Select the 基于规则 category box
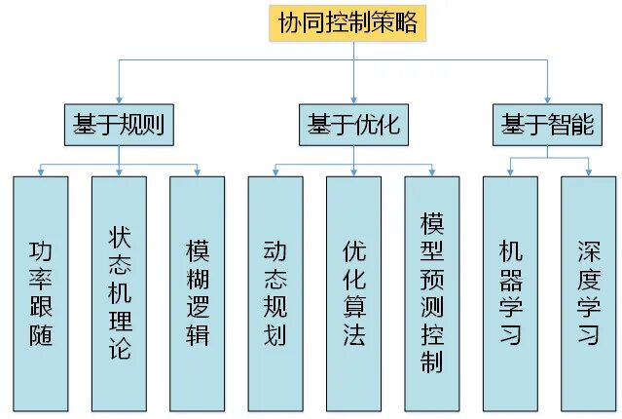(119, 125)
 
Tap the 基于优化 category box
(353, 125)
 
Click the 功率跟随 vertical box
(41, 292)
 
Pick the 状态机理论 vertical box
(120, 292)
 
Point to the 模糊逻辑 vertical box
(198, 292)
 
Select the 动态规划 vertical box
(275, 292)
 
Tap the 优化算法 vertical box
(353, 292)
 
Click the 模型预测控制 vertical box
(432, 292)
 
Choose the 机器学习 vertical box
(510, 292)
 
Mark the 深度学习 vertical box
(588, 292)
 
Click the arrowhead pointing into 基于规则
(119, 98)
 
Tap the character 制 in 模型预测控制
(432, 362)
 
